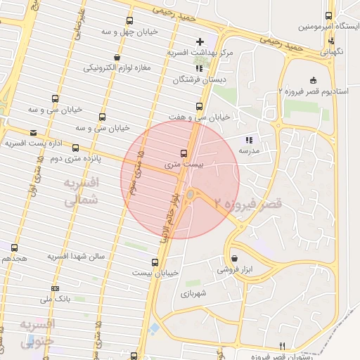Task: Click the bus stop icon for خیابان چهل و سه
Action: pos(129,20)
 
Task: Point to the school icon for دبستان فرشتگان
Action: pos(200,68)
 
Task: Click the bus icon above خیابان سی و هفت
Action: pos(200,106)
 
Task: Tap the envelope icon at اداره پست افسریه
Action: pos(33,132)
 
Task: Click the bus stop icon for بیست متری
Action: pos(184,153)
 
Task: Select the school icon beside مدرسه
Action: pos(248,139)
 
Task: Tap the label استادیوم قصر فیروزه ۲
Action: pos(312,91)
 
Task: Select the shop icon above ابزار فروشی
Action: pos(234,258)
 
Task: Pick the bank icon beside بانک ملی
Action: pos(56,288)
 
